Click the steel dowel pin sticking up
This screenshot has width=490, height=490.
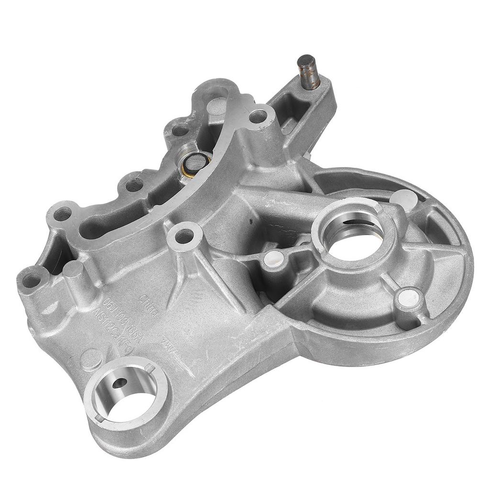308,71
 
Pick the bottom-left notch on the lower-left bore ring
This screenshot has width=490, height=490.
100,417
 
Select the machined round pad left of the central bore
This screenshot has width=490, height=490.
271,258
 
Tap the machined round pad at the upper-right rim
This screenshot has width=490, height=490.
404,199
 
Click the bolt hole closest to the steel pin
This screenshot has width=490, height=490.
258,116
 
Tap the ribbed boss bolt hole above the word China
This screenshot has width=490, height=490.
184,235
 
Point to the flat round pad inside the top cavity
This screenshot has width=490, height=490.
218,105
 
